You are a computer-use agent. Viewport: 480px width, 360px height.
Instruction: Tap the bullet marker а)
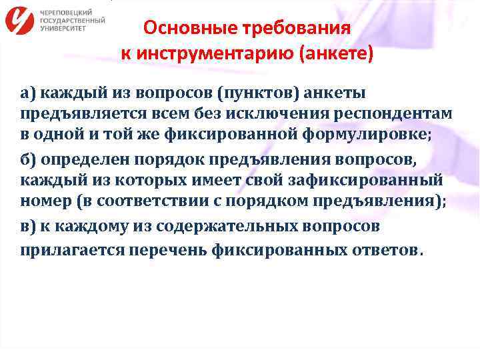pyautogui.click(x=29, y=92)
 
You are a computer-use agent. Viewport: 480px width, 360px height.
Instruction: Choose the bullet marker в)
pyautogui.click(x=29, y=227)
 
